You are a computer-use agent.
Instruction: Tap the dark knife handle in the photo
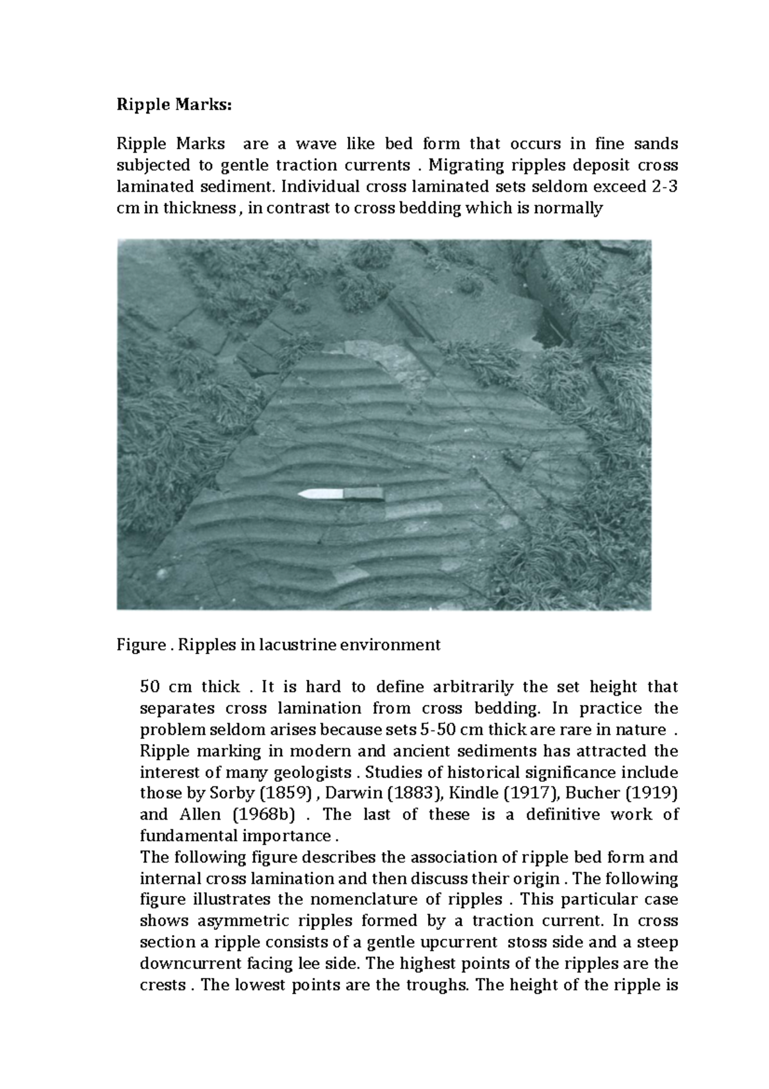pyautogui.click(x=364, y=493)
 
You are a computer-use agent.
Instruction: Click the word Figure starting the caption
pyautogui.click(x=140, y=645)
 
